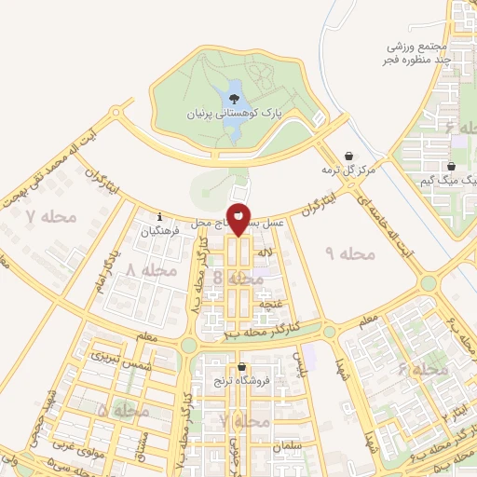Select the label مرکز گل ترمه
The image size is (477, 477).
tap(348, 170)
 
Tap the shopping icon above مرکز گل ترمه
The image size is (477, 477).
tap(348, 156)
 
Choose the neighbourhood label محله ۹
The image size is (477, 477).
tap(349, 252)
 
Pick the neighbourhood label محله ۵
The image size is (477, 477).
tap(122, 411)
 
